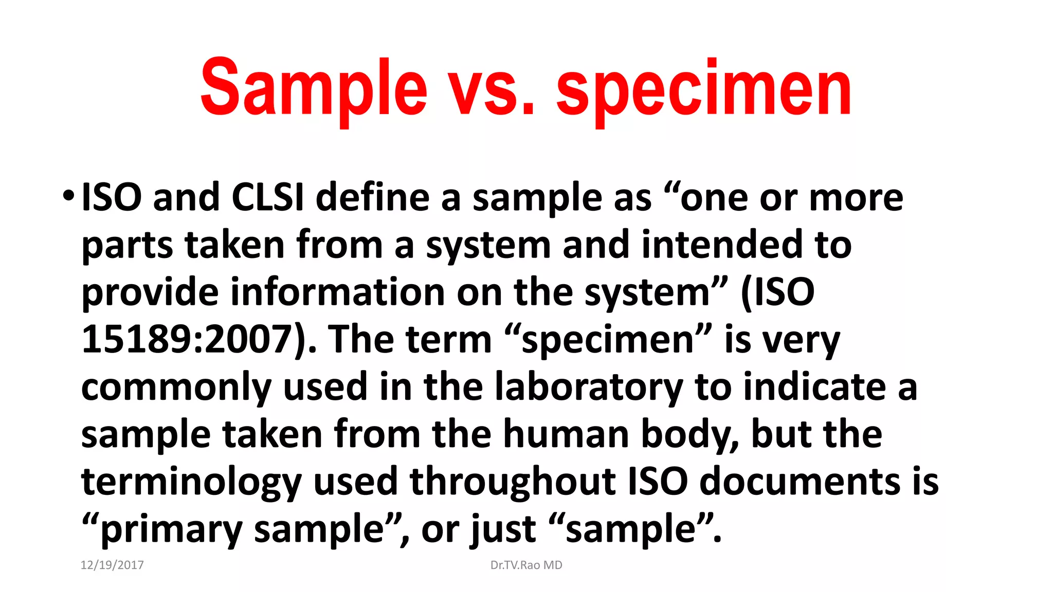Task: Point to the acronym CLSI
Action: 267,197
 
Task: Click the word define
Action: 372,197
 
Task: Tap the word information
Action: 337,292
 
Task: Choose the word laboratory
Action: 588,386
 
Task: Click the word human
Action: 566,434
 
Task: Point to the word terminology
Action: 191,482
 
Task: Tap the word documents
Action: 800,482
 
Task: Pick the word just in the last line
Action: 503,529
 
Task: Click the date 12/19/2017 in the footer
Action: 112,565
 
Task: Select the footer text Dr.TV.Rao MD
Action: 526,565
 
